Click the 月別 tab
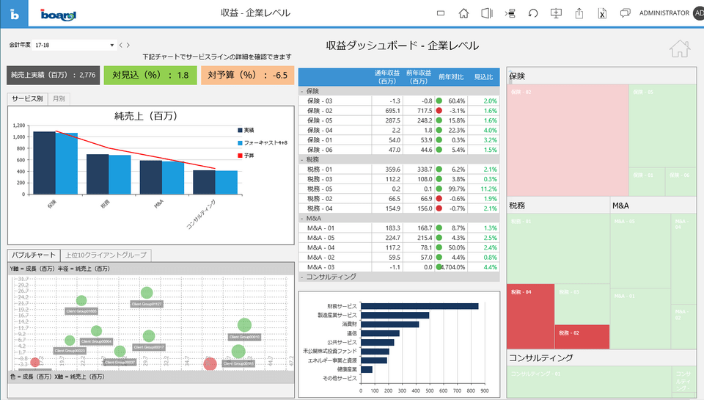[59, 98]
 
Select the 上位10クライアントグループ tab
[107, 255]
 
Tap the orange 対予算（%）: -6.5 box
[247, 74]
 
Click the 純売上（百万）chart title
[146, 116]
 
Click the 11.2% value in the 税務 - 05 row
[486, 189]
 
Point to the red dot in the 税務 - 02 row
[439, 199]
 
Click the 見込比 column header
[484, 76]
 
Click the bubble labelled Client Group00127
[147, 293]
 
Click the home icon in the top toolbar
[463, 12]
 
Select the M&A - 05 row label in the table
[320, 238]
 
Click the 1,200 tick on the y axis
[19, 126]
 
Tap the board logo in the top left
[58, 13]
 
